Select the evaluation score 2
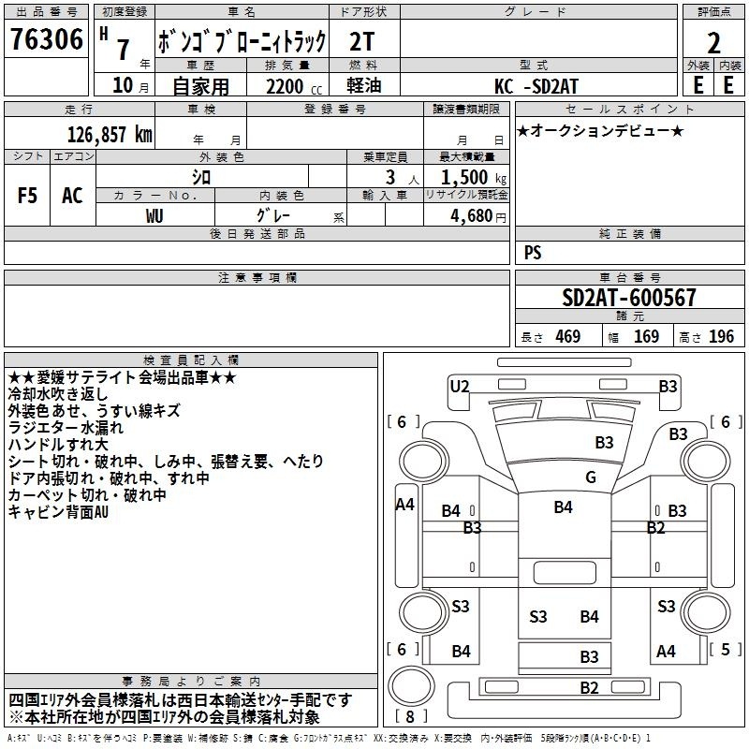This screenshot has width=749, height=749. pyautogui.click(x=713, y=43)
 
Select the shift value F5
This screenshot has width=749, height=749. pyautogui.click(x=27, y=196)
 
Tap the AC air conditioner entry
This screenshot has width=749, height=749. pyautogui.click(x=72, y=196)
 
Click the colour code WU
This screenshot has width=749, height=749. pyautogui.click(x=154, y=214)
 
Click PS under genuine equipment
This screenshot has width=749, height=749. pyautogui.click(x=533, y=253)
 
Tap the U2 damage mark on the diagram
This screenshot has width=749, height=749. pyautogui.click(x=460, y=386)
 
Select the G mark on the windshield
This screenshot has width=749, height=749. pyautogui.click(x=590, y=477)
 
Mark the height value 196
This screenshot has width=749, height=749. pyautogui.click(x=722, y=336)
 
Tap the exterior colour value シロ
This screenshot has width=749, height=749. pyautogui.click(x=201, y=176)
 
